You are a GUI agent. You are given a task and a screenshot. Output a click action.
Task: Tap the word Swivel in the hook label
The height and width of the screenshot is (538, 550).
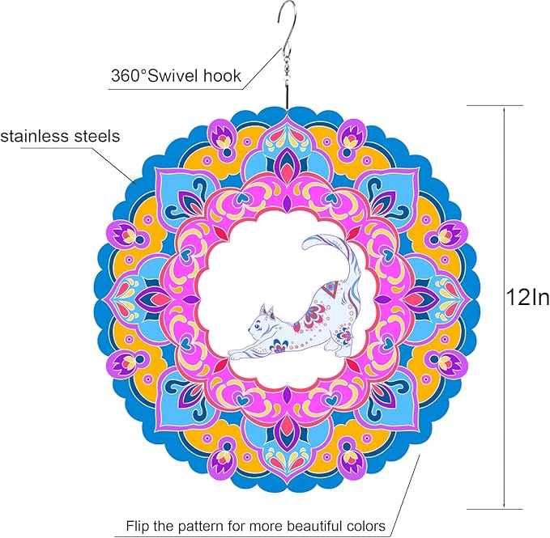pos(173,76)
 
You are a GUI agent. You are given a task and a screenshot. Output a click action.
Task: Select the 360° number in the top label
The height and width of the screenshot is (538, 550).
pos(128,76)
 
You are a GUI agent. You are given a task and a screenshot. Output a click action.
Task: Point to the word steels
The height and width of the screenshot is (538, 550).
pos(96,136)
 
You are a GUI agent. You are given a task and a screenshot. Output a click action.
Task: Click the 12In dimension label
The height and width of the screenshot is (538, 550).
pos(527,298)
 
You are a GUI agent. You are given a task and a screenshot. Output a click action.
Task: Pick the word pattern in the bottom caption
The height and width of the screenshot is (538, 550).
pos(200,526)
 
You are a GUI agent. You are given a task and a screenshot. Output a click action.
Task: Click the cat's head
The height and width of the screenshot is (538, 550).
pos(261,324)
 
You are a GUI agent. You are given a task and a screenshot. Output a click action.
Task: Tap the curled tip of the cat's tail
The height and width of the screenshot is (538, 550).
pos(309,243)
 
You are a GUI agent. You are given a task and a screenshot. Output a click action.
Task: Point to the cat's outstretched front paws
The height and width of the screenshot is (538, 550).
pos(236,354)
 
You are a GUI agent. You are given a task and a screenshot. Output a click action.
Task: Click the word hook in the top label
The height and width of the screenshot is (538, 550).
pos(222,76)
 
